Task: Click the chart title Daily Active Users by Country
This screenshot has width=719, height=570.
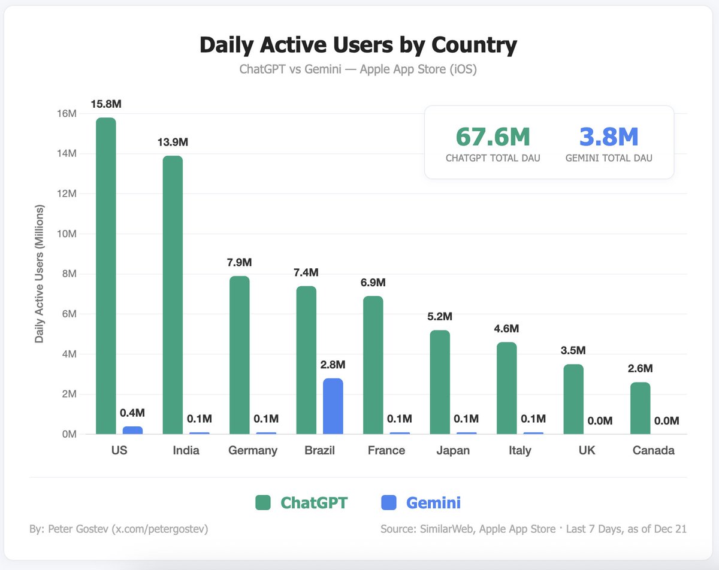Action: click(x=358, y=46)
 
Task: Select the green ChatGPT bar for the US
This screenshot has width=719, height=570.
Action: click(x=106, y=275)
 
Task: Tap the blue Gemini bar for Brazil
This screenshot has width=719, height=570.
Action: click(x=333, y=407)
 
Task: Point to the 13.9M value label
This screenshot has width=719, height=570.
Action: click(x=173, y=142)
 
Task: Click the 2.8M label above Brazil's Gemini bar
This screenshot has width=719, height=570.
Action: click(x=333, y=365)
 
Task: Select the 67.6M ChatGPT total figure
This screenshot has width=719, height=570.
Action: click(x=493, y=137)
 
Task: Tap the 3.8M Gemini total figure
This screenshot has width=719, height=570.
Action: click(x=609, y=137)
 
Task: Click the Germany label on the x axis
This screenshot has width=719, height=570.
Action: click(x=253, y=450)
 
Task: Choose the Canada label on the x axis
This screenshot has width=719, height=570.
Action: click(x=653, y=450)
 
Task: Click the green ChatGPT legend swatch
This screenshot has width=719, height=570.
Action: click(x=263, y=502)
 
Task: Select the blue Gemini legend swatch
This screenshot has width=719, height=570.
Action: click(x=389, y=502)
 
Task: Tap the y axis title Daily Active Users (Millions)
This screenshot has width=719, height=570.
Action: click(x=40, y=274)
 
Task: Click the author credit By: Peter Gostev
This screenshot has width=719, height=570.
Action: click(x=119, y=529)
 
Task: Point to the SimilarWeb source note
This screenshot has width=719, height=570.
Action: click(x=533, y=529)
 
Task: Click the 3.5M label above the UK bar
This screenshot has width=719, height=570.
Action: click(x=573, y=350)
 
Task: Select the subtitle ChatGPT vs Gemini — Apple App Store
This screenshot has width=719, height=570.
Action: click(x=358, y=69)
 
